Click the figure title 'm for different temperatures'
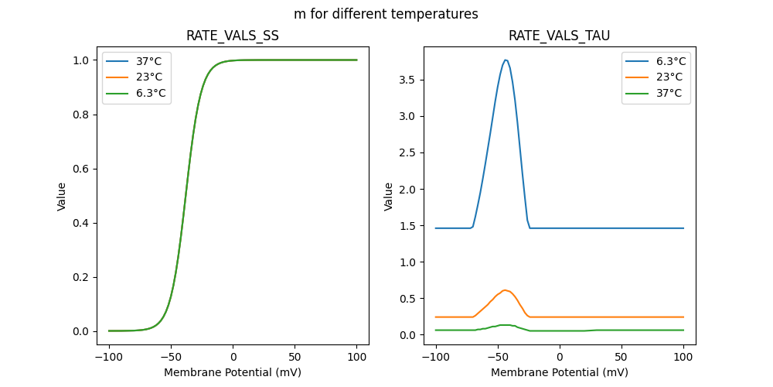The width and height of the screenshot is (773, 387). [x=386, y=14]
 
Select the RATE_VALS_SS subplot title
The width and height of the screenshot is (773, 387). [x=232, y=36]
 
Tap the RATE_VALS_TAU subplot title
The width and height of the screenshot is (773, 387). [x=559, y=36]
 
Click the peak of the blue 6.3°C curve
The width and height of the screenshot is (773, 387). [x=506, y=60]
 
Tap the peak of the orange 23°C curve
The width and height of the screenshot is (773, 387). [x=505, y=290]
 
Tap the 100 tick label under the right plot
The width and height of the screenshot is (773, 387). [x=683, y=358]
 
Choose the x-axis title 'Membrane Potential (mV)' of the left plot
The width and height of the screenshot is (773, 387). [x=233, y=372]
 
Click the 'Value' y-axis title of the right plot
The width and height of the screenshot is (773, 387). [x=389, y=197]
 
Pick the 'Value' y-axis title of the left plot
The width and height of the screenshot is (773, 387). [x=62, y=197]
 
